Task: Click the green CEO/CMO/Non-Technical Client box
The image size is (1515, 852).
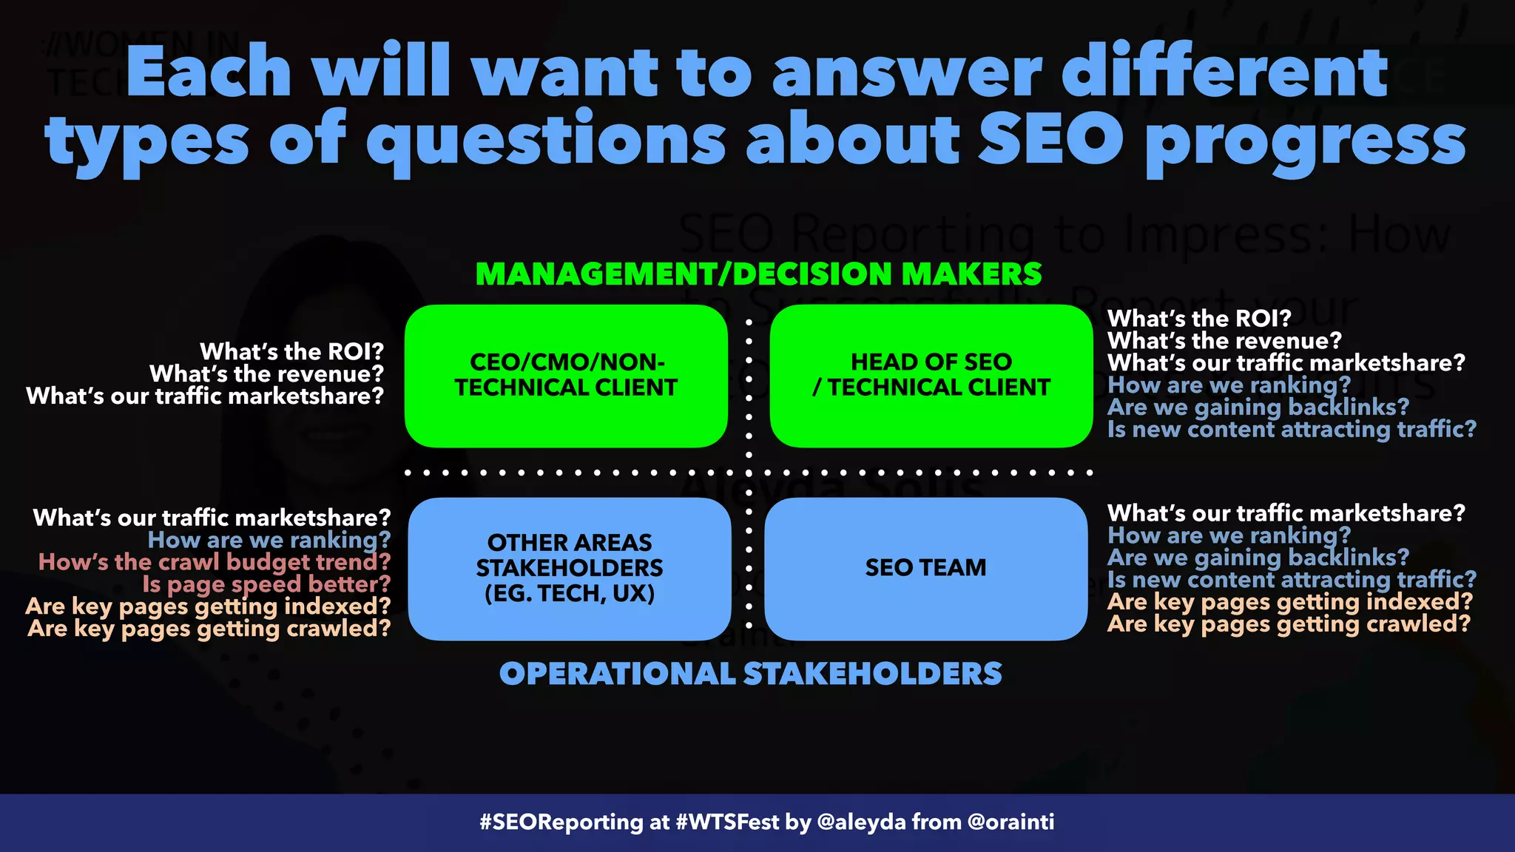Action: click(566, 376)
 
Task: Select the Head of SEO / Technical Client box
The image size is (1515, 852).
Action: click(931, 376)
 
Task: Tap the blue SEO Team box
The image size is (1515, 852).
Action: click(925, 568)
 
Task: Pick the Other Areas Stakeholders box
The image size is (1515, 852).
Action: click(569, 568)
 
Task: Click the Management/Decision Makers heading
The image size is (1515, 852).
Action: click(758, 274)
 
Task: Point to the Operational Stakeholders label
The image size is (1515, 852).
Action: click(750, 674)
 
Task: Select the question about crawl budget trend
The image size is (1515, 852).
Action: click(214, 562)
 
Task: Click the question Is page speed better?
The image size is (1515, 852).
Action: click(266, 584)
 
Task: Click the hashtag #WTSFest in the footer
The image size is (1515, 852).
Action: click(727, 822)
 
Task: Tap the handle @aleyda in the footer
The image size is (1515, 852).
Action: click(861, 822)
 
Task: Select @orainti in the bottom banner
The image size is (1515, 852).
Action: click(1010, 822)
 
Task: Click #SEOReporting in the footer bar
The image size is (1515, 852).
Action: click(561, 822)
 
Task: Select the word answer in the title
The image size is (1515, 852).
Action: click(907, 72)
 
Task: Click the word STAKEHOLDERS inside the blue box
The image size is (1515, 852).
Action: click(569, 568)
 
